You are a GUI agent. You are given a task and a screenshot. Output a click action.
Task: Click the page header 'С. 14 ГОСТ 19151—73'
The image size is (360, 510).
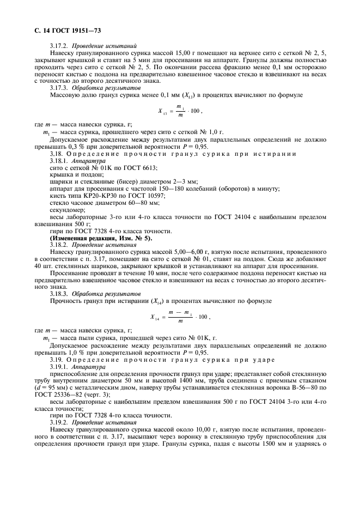click(62, 22)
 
